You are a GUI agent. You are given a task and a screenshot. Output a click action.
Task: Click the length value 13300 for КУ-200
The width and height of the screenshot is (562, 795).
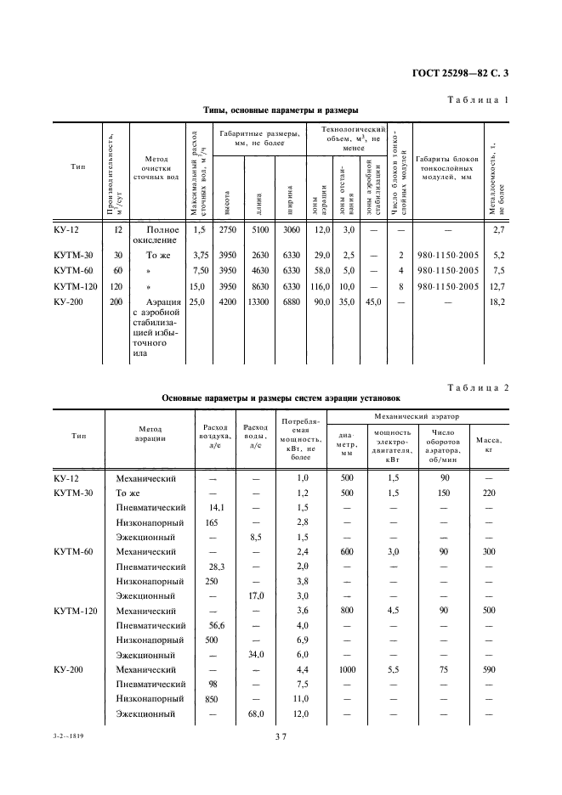pos(258,301)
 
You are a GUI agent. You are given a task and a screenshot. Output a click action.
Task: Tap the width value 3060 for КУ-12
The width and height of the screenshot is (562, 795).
pos(291,230)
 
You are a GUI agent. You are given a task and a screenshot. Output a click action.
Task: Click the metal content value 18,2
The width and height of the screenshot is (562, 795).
pos(497,301)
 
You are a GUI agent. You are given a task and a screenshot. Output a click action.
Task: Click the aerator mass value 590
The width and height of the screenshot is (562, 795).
pos(488,669)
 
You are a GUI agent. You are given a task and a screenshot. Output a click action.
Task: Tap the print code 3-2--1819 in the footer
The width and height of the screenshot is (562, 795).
pos(71,736)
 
